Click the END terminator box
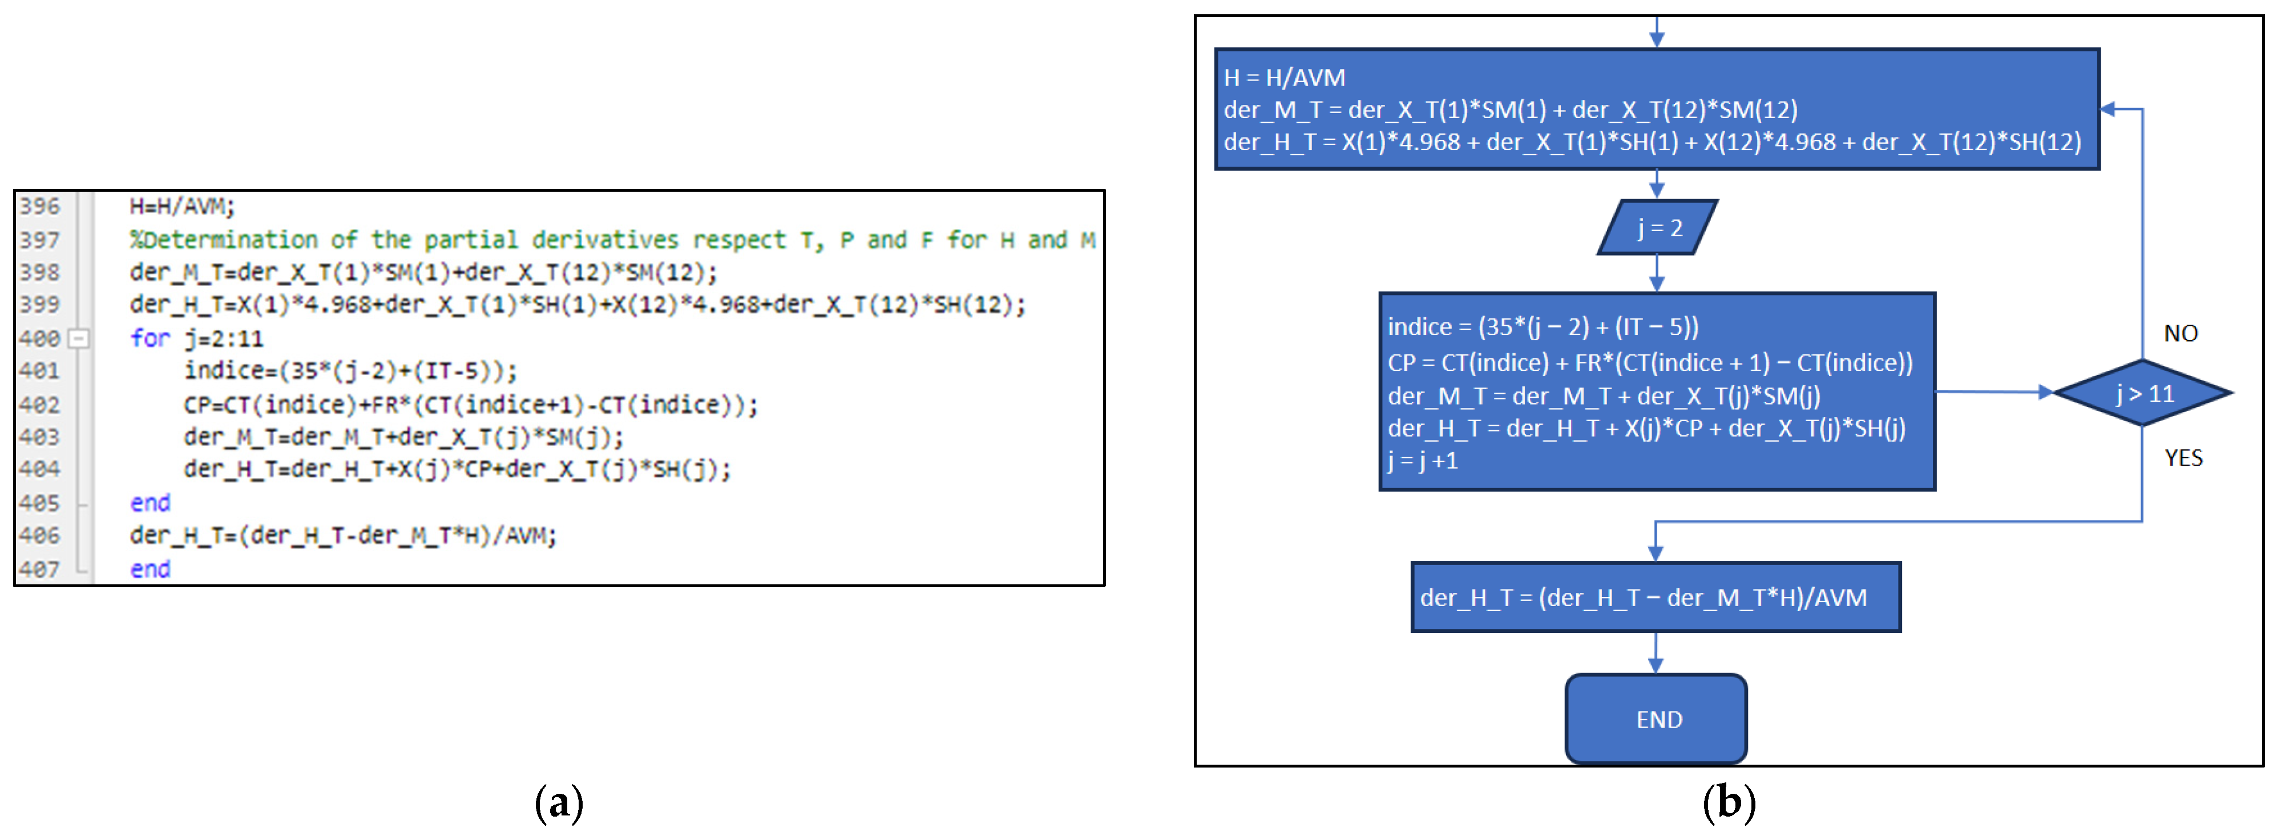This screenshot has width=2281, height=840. pos(1656,718)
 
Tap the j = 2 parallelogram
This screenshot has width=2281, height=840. pos(1658,228)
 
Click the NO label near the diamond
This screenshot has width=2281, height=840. pos(2180,334)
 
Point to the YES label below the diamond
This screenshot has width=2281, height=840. pos(2183,458)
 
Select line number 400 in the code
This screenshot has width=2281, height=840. pos(40,338)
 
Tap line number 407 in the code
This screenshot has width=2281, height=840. pos(40,569)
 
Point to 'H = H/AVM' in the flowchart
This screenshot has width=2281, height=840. pos(1284,78)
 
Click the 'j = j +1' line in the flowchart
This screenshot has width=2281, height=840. pos(1423,461)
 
